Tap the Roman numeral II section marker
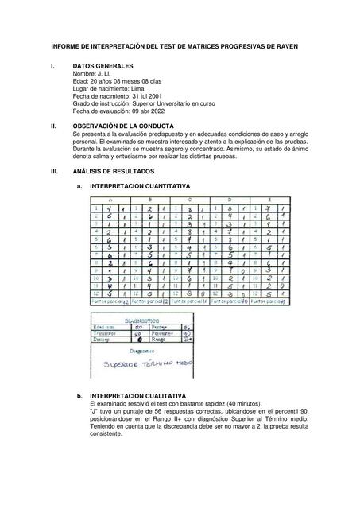[x=53, y=126]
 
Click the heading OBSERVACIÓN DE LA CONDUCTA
[x=130, y=126]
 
